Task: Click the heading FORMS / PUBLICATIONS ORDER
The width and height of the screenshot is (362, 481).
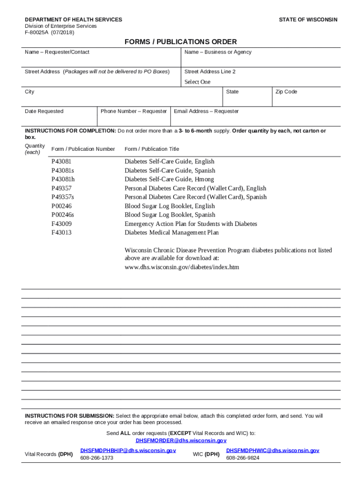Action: (181, 42)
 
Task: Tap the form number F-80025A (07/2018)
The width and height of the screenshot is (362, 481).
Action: (49, 32)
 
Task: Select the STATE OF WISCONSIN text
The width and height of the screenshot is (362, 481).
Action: (308, 20)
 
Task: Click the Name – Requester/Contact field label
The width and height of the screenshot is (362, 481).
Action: (57, 52)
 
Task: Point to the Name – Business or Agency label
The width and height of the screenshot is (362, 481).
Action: (218, 52)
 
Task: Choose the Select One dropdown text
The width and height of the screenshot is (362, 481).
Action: (197, 82)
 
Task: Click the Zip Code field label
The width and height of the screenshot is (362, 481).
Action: (286, 92)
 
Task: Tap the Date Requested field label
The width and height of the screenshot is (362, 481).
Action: (44, 111)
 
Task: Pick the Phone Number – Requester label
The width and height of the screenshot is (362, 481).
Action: (134, 111)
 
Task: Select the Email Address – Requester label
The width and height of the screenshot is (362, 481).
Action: (206, 111)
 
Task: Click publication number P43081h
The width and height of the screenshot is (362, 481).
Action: (63, 179)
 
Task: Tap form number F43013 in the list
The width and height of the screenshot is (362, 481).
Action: (62, 233)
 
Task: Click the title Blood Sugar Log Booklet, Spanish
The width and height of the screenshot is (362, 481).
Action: (170, 215)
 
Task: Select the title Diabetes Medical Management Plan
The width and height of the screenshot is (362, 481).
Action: (172, 233)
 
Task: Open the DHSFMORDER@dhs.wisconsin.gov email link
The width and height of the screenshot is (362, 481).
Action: (181, 441)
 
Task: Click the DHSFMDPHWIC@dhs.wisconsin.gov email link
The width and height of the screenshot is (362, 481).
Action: (272, 450)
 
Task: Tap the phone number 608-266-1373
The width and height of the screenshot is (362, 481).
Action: (96, 458)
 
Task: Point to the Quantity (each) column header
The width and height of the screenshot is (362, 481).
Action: (35, 149)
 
